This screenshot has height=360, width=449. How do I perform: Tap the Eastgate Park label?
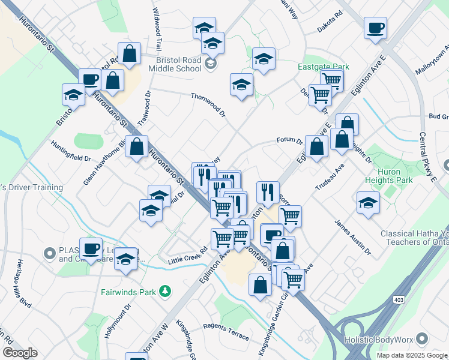click(x=323, y=67)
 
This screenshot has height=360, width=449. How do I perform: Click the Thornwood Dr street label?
click(x=208, y=104)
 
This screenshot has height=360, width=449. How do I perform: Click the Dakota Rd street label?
click(x=329, y=28)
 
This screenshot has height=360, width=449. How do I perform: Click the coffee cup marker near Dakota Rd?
click(x=375, y=29)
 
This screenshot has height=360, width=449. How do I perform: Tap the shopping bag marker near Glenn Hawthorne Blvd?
click(x=137, y=147)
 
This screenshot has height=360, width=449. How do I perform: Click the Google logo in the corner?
click(x=20, y=352)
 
